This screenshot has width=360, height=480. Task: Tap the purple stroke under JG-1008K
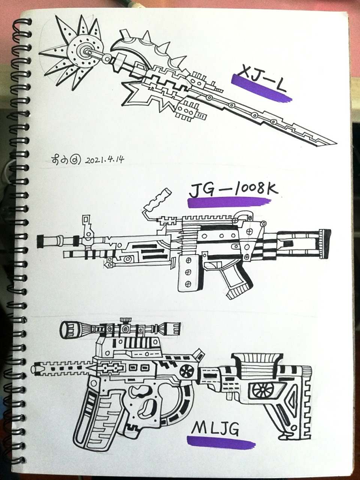pyautogui.click(x=229, y=203)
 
